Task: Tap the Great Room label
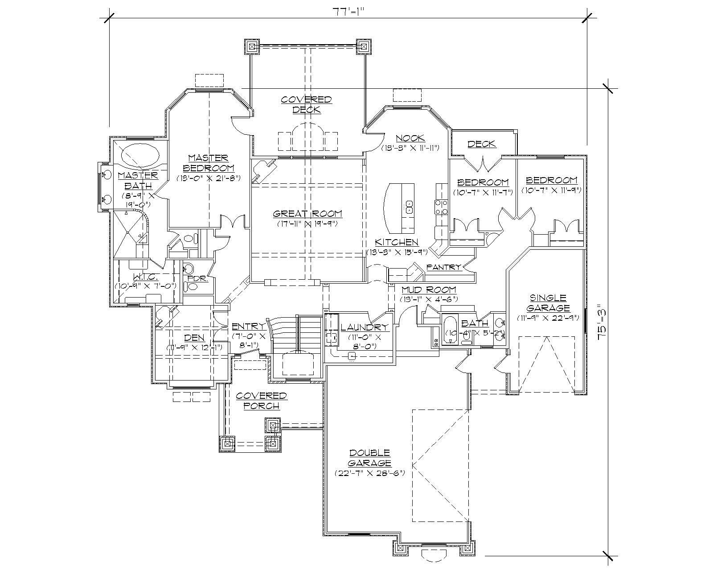point(307,214)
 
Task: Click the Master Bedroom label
point(209,163)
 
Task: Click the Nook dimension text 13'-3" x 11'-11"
point(410,148)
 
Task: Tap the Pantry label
point(443,267)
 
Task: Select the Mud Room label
point(428,290)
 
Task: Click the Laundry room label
point(364,327)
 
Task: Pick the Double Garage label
point(370,458)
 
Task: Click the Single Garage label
point(548,303)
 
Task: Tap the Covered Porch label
point(261,401)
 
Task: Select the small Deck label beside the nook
point(482,144)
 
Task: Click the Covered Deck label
point(307,104)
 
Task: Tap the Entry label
point(248,327)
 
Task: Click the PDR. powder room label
point(198,278)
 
